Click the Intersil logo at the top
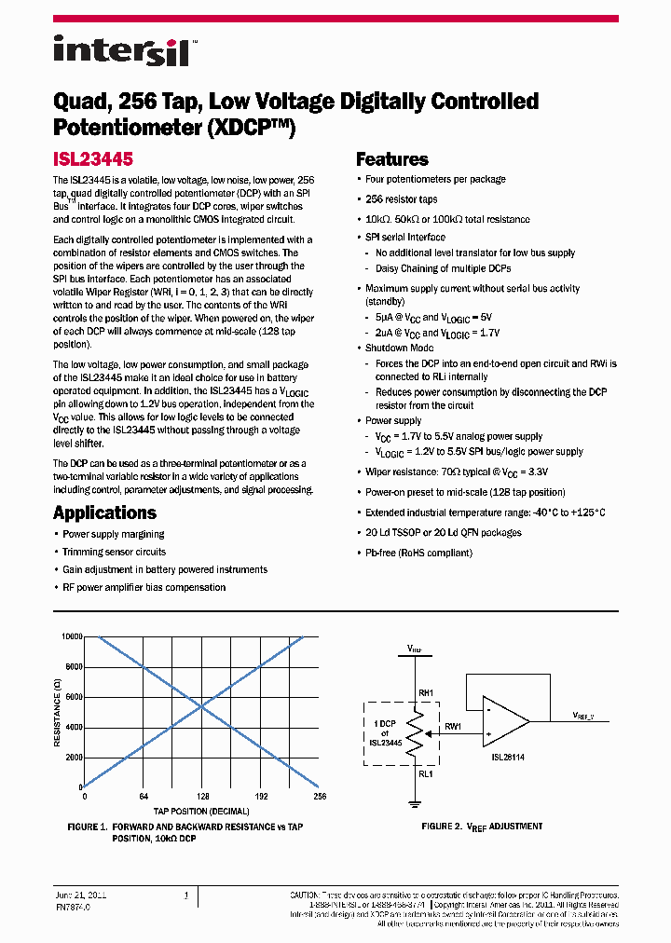point(122,50)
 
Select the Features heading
point(392,159)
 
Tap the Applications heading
point(104,512)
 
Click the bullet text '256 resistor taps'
point(401,199)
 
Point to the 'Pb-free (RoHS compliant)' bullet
point(418,553)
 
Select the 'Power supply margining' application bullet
point(113,534)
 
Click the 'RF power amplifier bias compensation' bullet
point(144,587)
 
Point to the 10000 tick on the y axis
point(72,636)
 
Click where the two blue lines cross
point(202,712)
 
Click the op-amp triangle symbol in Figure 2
point(504,720)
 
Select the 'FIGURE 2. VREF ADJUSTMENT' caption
point(482,827)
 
